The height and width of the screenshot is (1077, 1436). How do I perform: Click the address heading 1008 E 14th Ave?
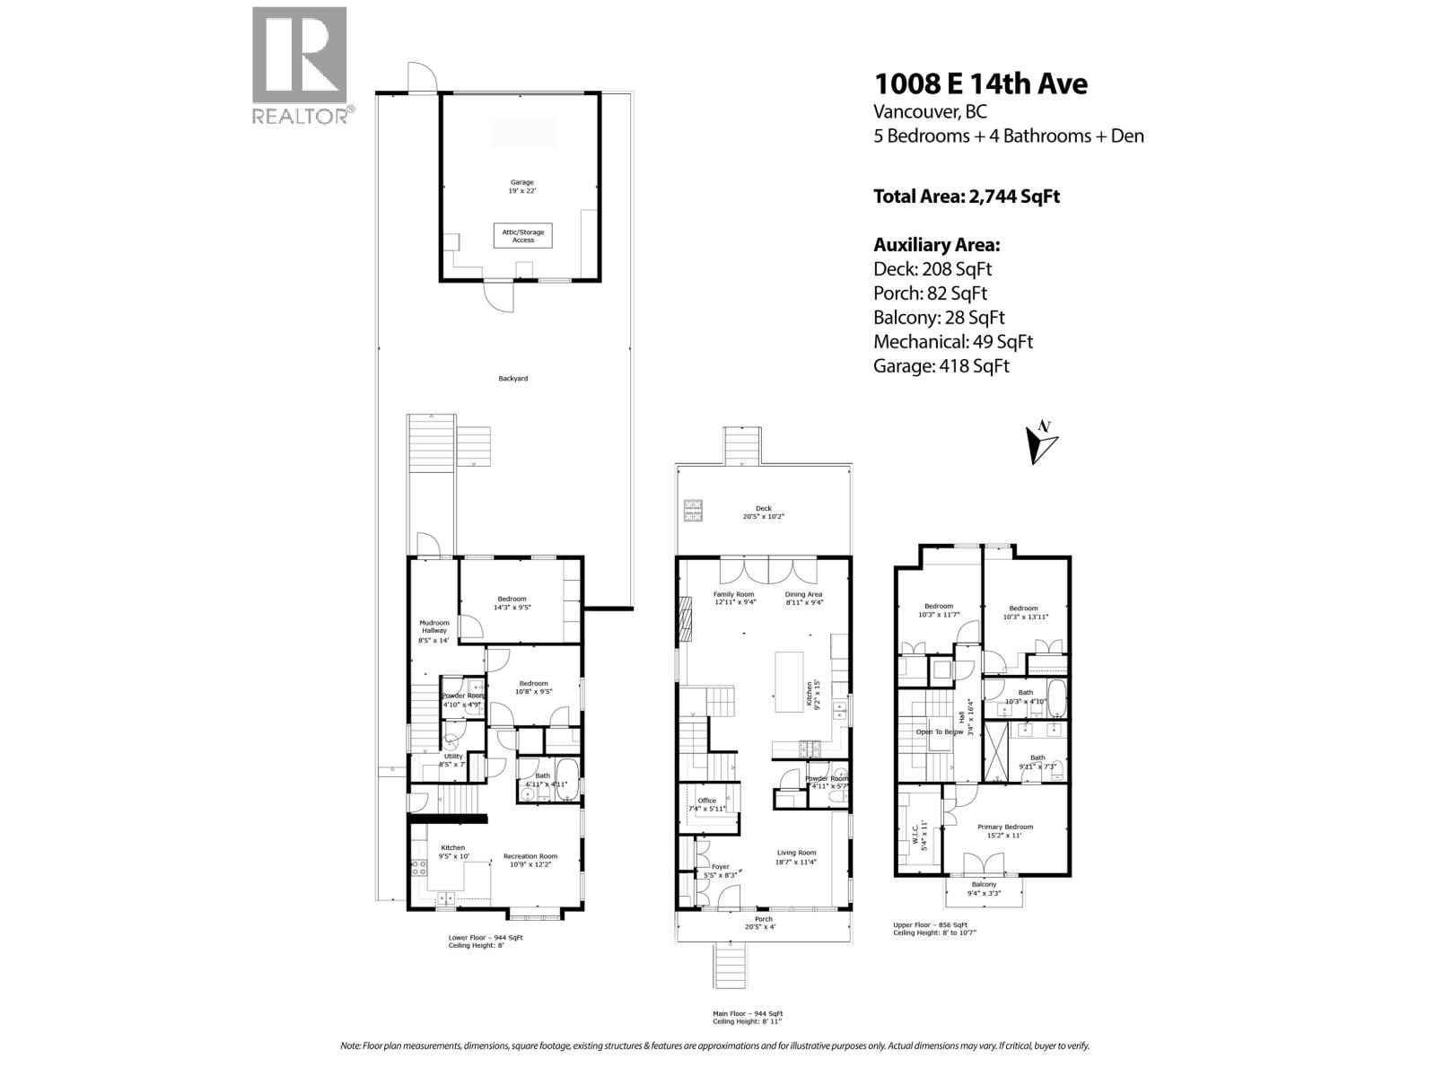980,83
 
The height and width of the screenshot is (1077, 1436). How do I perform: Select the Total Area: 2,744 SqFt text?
966,196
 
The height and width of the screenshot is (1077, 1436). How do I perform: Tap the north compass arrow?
1041,442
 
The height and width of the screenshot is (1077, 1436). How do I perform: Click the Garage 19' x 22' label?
522,187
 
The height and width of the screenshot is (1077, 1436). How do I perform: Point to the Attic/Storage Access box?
523,236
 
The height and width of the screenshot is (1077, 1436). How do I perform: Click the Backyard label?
513,379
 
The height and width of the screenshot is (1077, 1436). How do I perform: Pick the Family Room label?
733,598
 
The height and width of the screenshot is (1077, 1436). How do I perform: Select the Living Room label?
795,857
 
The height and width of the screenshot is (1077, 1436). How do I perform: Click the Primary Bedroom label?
1004,830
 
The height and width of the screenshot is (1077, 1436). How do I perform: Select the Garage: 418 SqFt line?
941,366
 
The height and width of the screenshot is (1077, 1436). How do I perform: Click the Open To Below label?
939,731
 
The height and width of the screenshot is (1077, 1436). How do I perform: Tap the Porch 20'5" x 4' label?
763,923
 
